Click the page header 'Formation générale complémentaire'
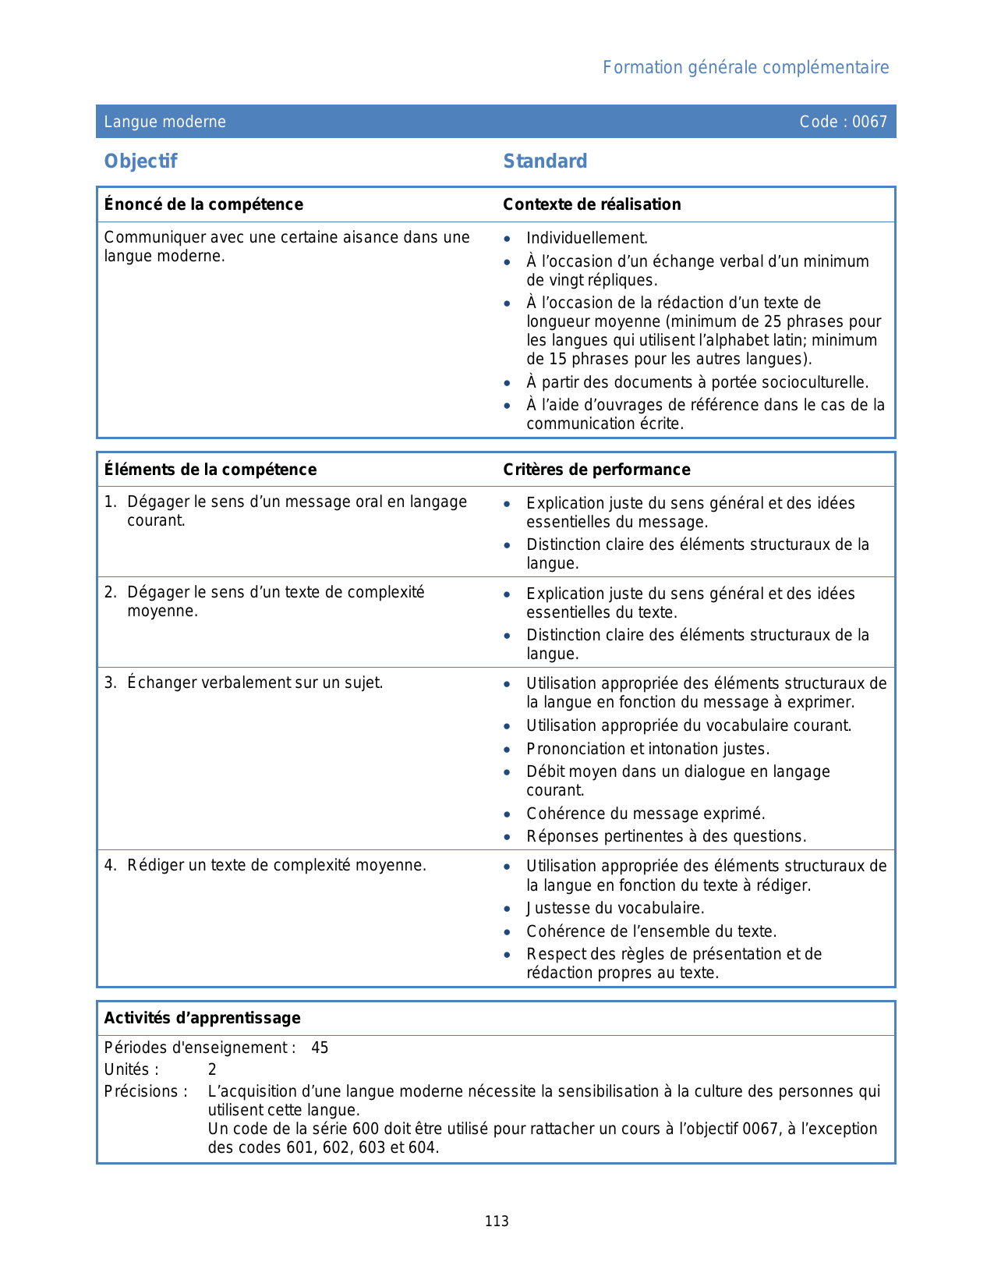[745, 68]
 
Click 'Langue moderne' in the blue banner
[165, 122]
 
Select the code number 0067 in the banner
[869, 122]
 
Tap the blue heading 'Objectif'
[141, 161]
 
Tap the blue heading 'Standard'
[545, 161]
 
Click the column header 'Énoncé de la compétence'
[203, 204]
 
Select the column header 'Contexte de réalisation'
[592, 204]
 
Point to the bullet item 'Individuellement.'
[586, 239]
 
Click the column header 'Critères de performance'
[596, 470]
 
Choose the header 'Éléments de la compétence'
[210, 470]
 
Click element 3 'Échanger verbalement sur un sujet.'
[254, 683]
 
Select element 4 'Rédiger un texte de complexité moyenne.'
[276, 866]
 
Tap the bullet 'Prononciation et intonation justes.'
[647, 750]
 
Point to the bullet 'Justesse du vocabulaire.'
[615, 909]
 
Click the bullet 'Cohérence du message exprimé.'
[646, 814]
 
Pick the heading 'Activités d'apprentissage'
[202, 1019]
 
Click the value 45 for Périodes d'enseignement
[320, 1048]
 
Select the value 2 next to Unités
[212, 1070]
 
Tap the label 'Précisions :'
[146, 1092]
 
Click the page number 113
[497, 1221]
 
